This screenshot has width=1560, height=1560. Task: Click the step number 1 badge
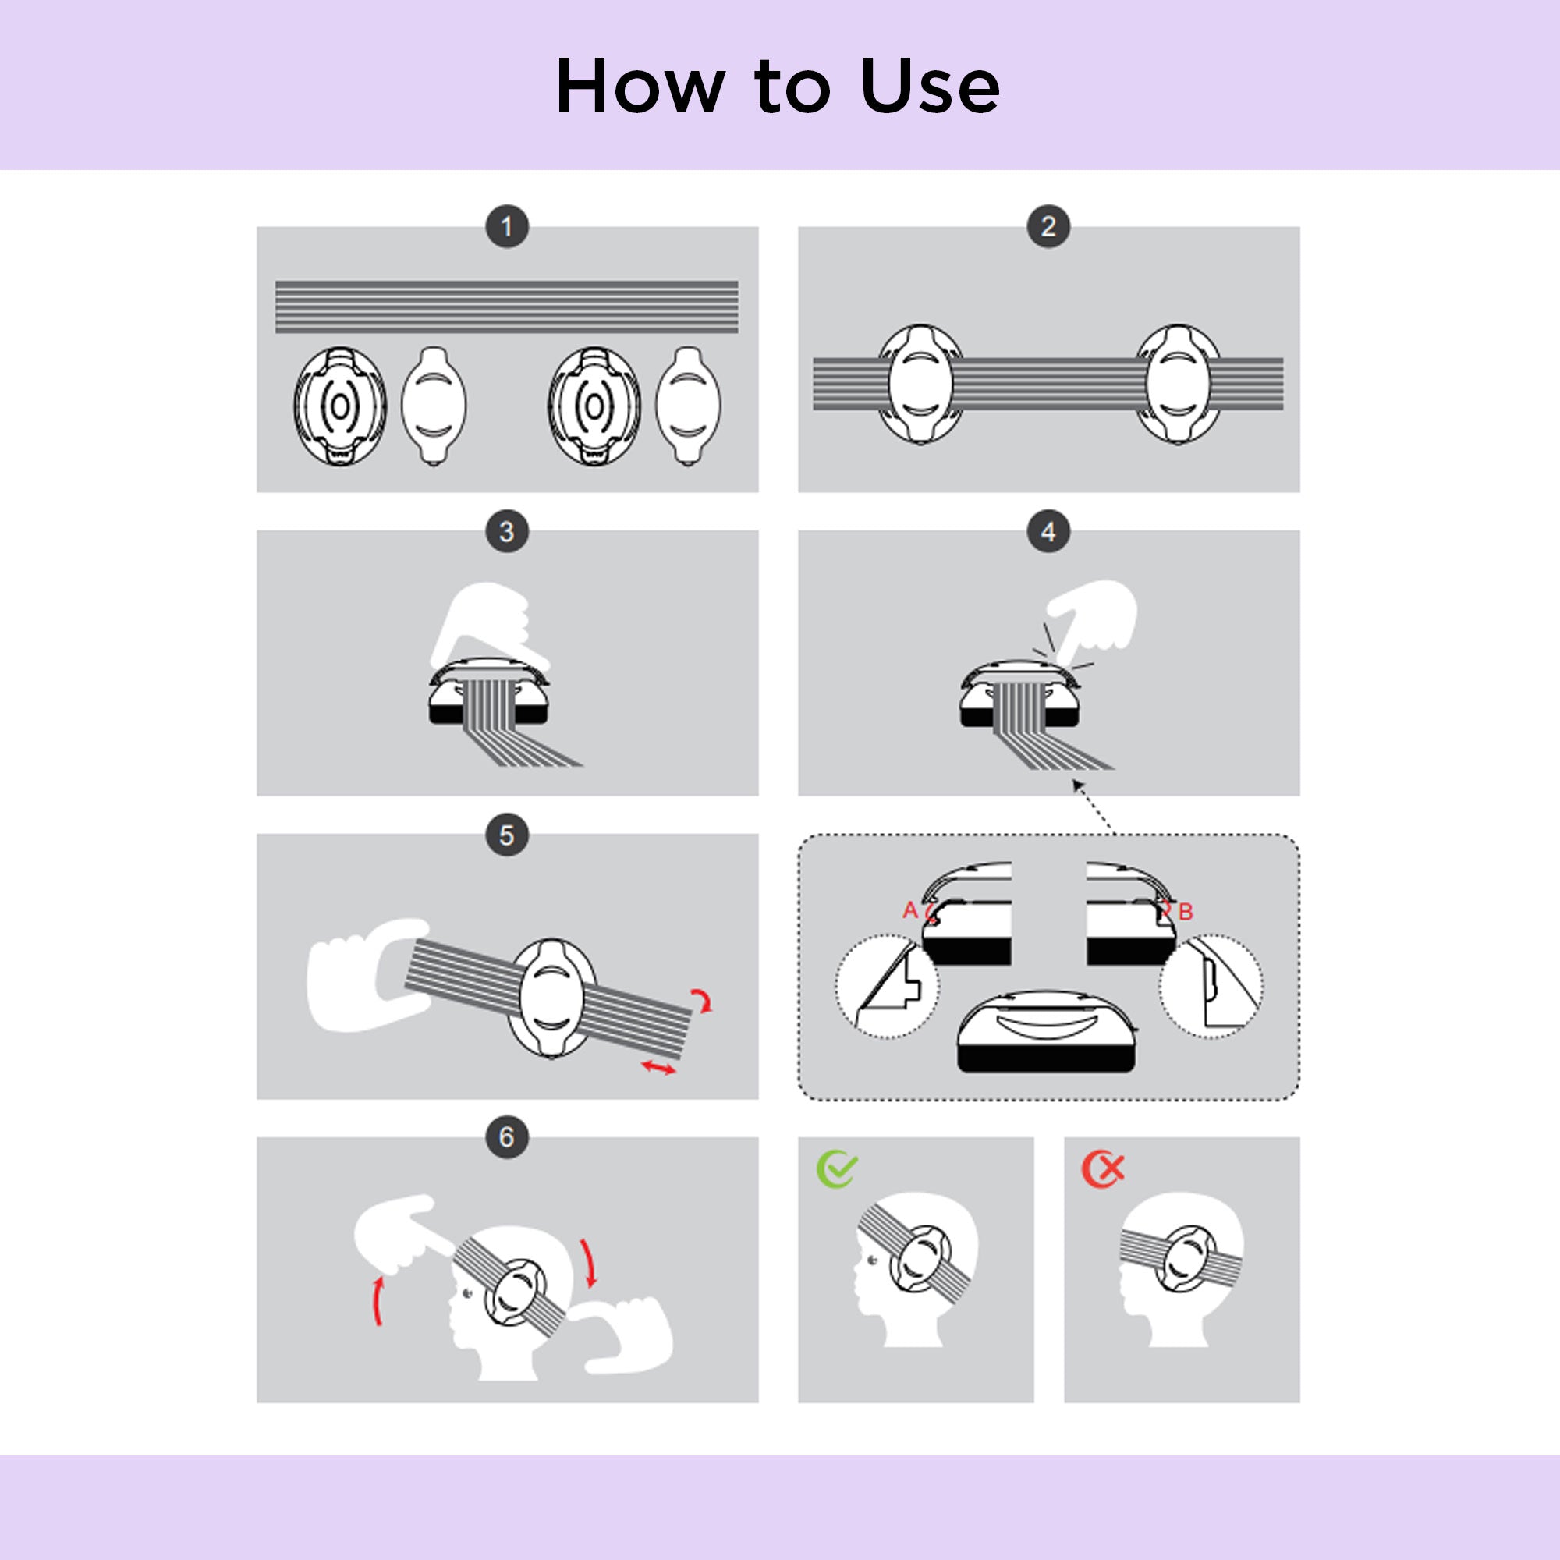pos(507,227)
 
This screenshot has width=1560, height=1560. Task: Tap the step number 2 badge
pos(1048,227)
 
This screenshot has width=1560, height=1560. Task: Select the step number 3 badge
pos(507,531)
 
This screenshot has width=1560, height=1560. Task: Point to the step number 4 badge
pos(1048,531)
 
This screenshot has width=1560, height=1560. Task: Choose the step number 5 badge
pos(507,835)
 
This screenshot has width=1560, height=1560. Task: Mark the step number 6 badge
pos(507,1137)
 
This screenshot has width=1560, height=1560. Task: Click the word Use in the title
pos(931,86)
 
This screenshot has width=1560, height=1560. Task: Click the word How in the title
pos(640,86)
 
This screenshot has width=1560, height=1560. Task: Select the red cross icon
pos(1103,1168)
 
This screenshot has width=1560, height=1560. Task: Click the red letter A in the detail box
pos(910,911)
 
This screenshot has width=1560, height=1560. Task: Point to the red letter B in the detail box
pos(1186,913)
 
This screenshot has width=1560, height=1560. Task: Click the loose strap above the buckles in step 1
pos(506,307)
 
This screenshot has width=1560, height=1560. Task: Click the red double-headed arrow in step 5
pos(658,1068)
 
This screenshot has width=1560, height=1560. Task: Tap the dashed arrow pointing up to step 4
pos(1093,805)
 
